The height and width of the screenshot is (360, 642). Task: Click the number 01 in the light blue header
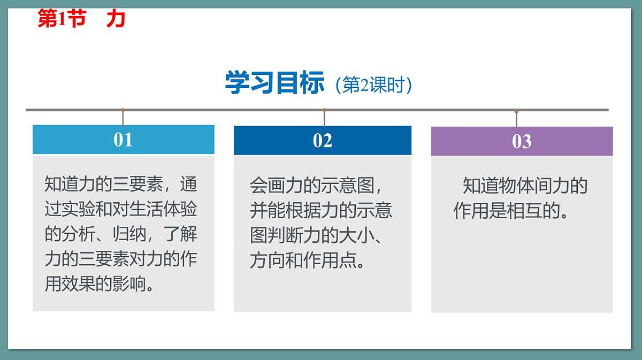point(123,140)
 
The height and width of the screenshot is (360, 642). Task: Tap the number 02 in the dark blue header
point(323,141)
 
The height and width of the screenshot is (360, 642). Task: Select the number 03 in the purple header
point(522,141)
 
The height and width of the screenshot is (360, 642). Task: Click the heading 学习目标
point(274,83)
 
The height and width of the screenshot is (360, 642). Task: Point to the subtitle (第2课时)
point(373,86)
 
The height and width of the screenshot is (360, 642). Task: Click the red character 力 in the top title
point(116,19)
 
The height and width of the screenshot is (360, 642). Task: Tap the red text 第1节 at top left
point(62,19)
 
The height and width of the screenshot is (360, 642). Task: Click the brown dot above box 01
point(123,110)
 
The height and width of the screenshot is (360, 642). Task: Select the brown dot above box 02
point(324,110)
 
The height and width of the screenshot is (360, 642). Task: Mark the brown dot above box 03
point(516,111)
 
